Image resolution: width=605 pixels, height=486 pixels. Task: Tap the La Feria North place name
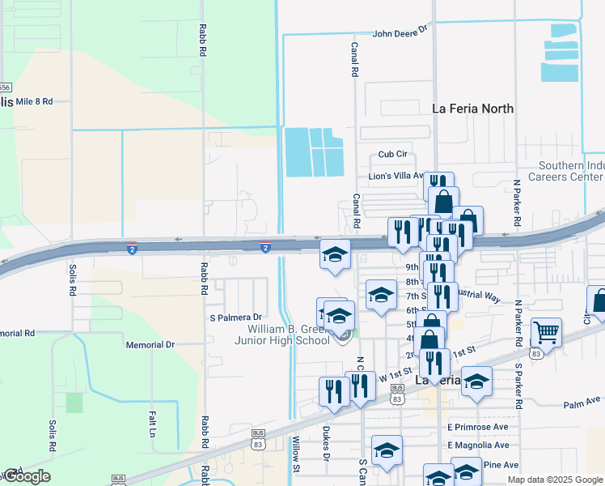click(473, 109)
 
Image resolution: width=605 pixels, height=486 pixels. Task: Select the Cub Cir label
click(394, 155)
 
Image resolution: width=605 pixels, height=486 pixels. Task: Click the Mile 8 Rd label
click(34, 101)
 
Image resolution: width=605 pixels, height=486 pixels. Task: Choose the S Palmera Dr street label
click(236, 318)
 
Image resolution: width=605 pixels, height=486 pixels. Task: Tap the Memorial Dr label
click(150, 345)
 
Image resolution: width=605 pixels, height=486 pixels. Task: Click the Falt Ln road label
click(152, 423)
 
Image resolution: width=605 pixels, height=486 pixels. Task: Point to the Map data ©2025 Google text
click(555, 480)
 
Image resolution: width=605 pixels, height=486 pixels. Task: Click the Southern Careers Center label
click(566, 171)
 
